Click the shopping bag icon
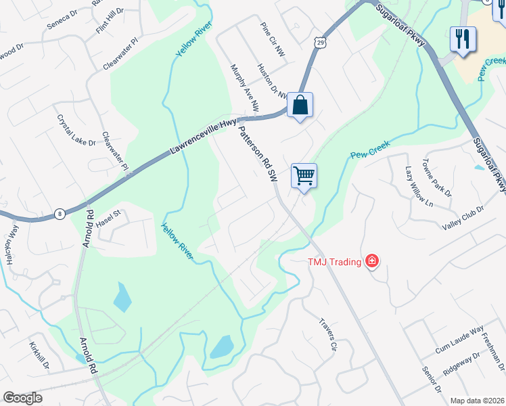[300, 106]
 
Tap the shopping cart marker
[304, 176]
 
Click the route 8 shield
[60, 214]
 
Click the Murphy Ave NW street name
[245, 88]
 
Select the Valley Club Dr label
[463, 218]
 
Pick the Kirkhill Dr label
[39, 357]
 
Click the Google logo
[23, 398]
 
